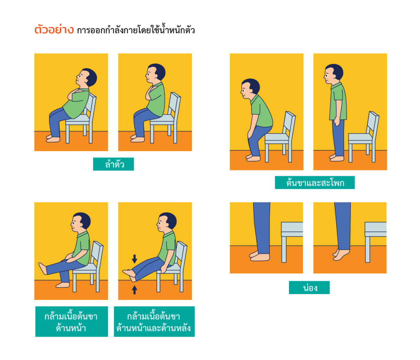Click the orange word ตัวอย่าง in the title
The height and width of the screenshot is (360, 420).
tap(54, 29)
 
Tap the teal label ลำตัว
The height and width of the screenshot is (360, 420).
tap(113, 164)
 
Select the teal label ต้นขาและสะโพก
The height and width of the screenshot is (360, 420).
tap(315, 182)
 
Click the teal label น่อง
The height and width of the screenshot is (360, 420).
tap(309, 287)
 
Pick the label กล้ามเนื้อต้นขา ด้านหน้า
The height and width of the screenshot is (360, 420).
tap(71, 321)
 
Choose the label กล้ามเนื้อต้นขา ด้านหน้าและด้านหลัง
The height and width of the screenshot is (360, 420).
tap(154, 321)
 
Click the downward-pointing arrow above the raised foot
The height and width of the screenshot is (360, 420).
tap(134, 259)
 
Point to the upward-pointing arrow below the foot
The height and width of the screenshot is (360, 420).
tap(134, 290)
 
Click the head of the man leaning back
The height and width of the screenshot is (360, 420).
tap(87, 78)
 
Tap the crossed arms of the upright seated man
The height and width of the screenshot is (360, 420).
tap(150, 93)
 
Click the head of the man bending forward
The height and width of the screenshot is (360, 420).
tap(250, 89)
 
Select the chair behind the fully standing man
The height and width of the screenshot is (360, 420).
tap(363, 137)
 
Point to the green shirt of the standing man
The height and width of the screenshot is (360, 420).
tap(338, 102)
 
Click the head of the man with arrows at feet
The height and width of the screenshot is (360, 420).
tap(167, 222)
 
